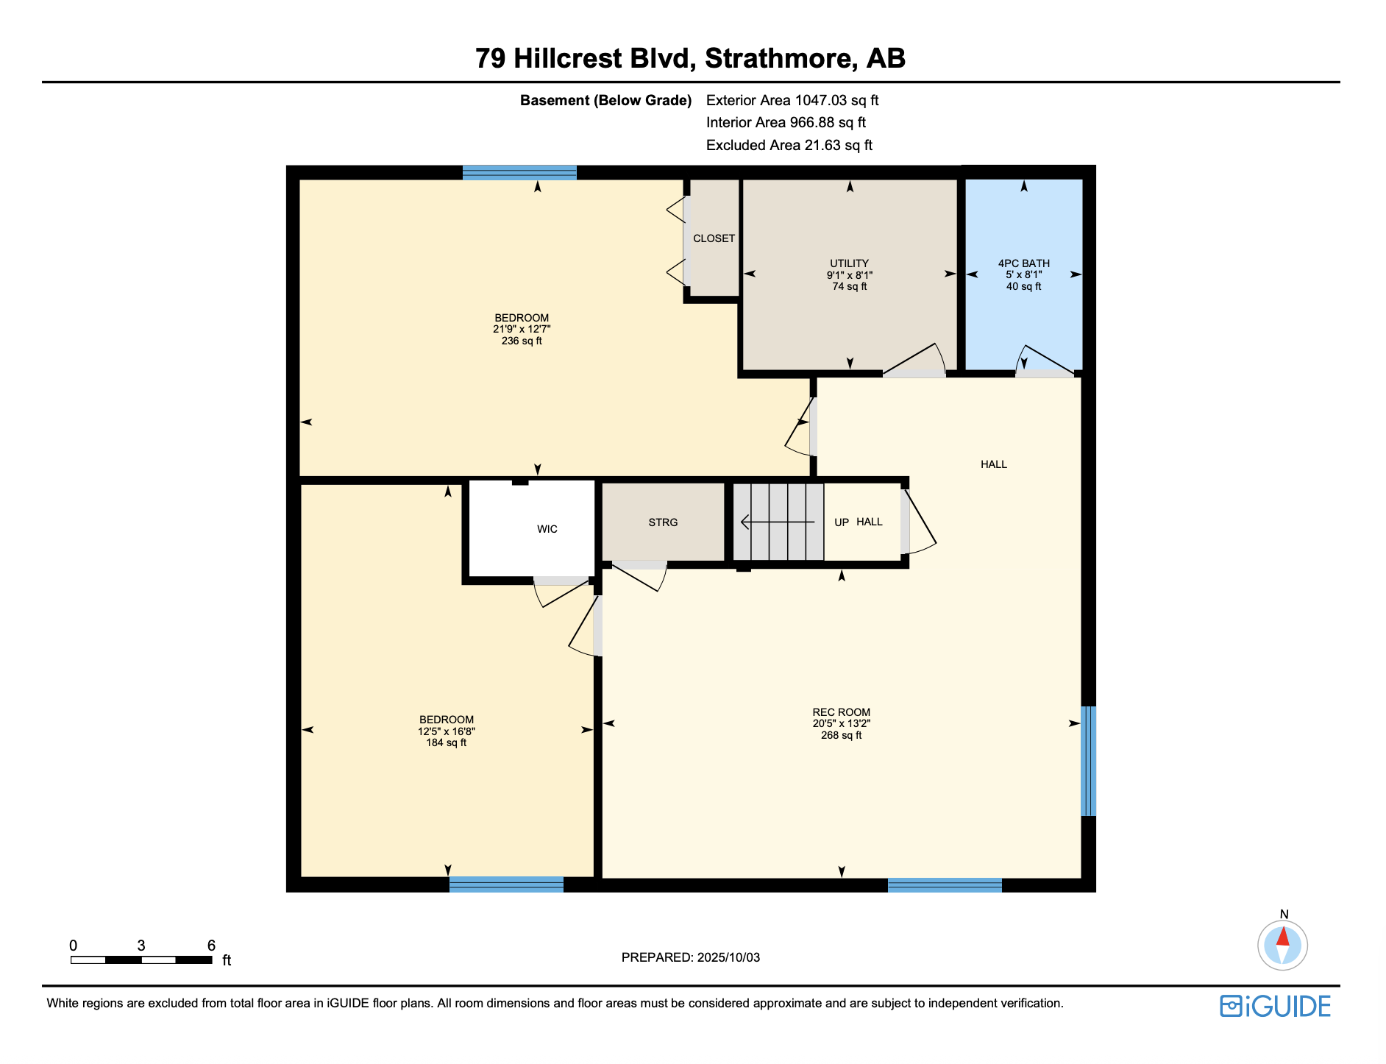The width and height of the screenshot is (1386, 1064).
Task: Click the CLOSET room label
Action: [x=714, y=238]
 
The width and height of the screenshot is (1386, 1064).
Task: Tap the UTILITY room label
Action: [x=849, y=263]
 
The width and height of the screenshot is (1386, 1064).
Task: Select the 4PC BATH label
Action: [x=1023, y=263]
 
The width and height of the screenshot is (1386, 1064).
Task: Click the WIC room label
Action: [x=547, y=529]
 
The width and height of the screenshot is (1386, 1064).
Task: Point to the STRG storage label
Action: [x=663, y=522]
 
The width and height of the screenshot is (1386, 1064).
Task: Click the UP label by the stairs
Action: [x=842, y=522]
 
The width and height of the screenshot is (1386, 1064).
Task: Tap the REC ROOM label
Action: [x=841, y=712]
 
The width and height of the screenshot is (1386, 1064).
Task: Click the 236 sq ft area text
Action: [x=522, y=341]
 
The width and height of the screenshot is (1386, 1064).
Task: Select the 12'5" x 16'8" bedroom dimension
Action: [x=447, y=731]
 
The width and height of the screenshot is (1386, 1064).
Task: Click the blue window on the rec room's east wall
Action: [x=1088, y=761]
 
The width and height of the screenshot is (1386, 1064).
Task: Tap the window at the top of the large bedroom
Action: [x=519, y=173]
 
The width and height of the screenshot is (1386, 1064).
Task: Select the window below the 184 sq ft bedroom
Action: [x=506, y=884]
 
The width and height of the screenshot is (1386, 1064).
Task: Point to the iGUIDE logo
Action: [x=1275, y=1006]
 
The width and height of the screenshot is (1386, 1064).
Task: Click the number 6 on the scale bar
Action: [x=211, y=946]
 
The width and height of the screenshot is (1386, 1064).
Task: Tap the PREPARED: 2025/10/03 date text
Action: [x=690, y=957]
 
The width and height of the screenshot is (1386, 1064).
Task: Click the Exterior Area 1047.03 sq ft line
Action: [x=792, y=101]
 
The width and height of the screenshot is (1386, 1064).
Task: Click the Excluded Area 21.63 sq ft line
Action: [x=789, y=146]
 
